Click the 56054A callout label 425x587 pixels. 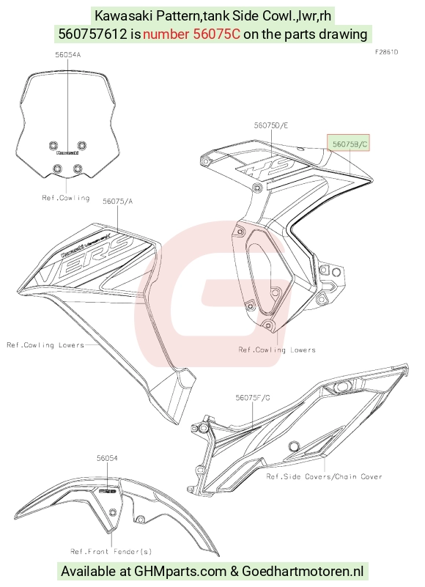tap(67, 55)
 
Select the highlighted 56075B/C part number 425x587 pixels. tap(350, 144)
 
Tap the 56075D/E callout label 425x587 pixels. tap(271, 125)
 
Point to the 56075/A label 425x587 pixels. tap(117, 202)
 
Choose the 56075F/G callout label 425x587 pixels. tap(253, 398)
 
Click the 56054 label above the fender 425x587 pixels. tap(107, 458)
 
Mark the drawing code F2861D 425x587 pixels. tap(386, 52)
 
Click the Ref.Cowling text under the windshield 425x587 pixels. tap(66, 198)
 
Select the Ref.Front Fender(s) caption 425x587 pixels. tap(111, 551)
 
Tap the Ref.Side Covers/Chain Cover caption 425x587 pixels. tap(325, 476)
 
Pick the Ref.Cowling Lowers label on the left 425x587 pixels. tap(45, 344)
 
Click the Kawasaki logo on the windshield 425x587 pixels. tap(67, 152)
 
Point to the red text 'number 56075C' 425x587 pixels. tap(191, 34)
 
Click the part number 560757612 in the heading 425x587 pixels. tap(92, 34)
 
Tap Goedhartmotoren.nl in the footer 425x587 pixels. tap(303, 572)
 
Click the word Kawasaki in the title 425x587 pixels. tap(124, 15)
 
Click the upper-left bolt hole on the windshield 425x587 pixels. tap(53, 145)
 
